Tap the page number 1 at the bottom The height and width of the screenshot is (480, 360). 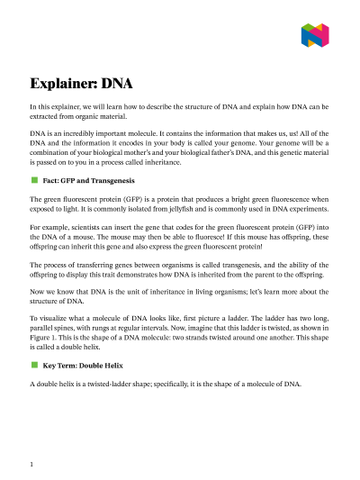point(31,465)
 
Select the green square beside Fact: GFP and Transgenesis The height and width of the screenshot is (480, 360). point(34,180)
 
